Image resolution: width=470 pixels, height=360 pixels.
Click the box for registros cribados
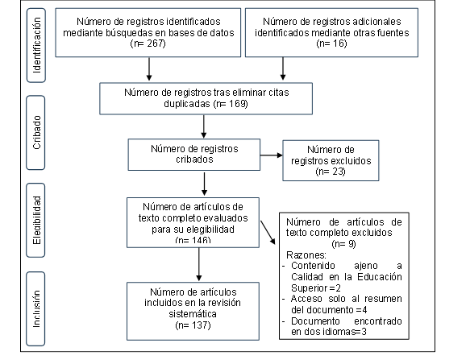(193, 154)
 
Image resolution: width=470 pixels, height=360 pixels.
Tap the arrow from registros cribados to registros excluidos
(270, 156)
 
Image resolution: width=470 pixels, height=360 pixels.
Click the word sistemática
(193, 315)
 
